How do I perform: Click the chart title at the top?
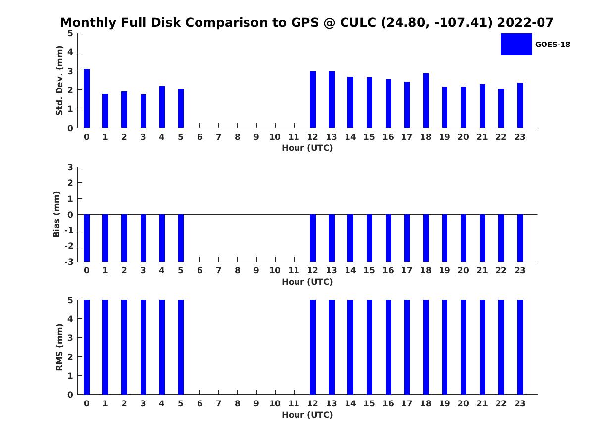click(306, 22)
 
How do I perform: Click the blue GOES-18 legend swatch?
click(516, 44)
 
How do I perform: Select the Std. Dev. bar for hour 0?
click(87, 98)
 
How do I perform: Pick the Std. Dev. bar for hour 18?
click(426, 100)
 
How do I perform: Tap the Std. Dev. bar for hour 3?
click(143, 111)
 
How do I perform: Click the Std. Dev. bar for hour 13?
click(332, 99)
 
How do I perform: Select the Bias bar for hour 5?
click(181, 238)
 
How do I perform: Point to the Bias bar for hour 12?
click(312, 238)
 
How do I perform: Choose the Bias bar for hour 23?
click(520, 238)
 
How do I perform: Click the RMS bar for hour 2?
click(124, 347)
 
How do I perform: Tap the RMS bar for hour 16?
click(388, 347)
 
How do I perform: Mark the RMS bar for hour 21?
click(482, 347)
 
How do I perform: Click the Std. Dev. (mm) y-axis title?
click(59, 81)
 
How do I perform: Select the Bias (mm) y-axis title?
click(56, 214)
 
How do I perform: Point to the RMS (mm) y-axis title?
click(59, 348)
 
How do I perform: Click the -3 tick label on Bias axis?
click(69, 262)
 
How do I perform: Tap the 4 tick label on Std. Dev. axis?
click(70, 52)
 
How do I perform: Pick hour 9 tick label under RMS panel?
click(256, 403)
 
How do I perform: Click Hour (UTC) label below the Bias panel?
click(307, 282)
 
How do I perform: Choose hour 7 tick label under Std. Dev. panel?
click(218, 137)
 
